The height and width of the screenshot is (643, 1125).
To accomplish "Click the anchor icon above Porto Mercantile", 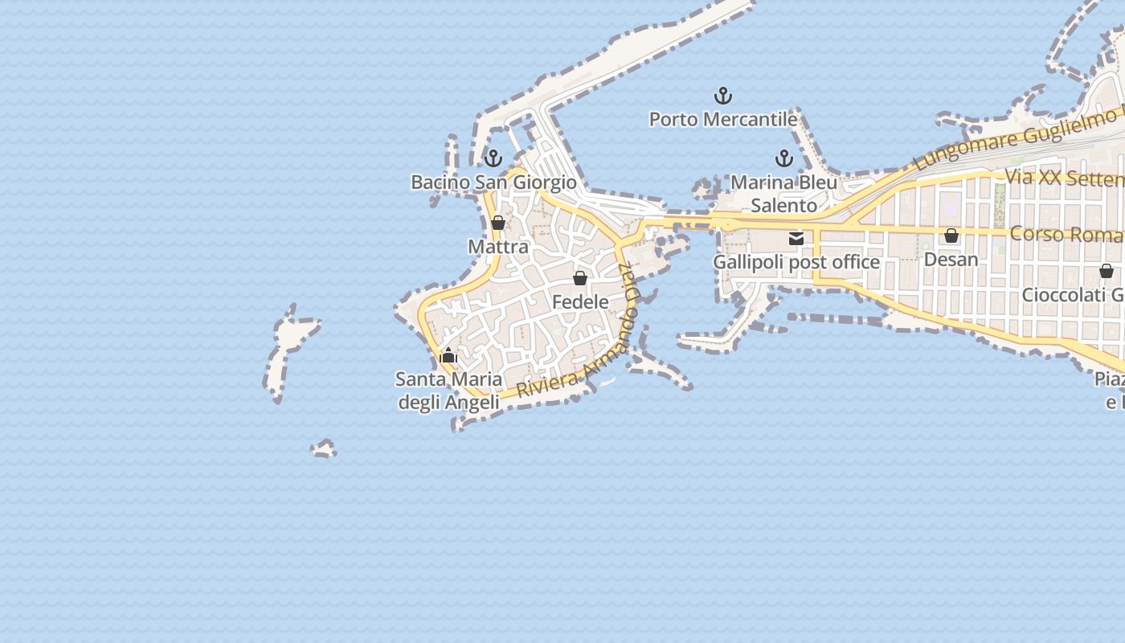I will point(723,96).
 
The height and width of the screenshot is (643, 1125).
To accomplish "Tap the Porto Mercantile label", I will point(723,120).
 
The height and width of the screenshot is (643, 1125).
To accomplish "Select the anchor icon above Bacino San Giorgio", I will point(493,158).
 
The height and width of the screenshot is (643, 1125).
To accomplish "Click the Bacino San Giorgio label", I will point(493,182).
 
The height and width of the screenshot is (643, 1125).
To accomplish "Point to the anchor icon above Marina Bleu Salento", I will point(783,158).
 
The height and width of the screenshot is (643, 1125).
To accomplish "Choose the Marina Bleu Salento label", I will point(783,194).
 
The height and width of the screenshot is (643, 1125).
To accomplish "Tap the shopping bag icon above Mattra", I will point(498,223).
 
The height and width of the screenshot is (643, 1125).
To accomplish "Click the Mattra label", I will point(498,247).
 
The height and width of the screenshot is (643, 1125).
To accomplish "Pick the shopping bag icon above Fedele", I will point(580,278).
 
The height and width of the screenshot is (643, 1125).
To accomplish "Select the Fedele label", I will point(580,302).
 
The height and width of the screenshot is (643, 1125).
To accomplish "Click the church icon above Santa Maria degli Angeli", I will point(448,354).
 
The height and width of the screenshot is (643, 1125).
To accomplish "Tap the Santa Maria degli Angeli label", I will point(448,390).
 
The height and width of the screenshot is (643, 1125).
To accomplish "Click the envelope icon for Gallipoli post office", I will point(796,238).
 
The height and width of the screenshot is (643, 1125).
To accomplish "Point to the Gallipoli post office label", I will point(796,262).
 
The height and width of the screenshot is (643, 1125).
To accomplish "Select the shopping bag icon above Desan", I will point(951,235).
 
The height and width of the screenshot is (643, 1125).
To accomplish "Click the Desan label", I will point(951,260).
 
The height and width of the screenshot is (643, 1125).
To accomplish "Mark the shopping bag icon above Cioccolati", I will point(1107,271).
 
